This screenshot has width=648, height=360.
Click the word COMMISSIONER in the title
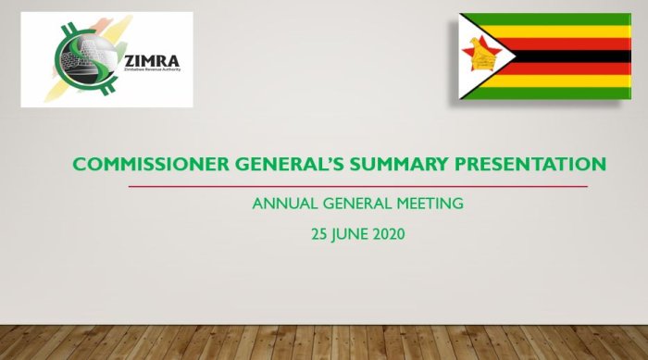click(151, 164)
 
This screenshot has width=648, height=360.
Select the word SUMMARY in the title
click(399, 164)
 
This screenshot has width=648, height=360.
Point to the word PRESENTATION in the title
click(530, 164)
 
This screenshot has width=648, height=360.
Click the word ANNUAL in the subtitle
click(285, 204)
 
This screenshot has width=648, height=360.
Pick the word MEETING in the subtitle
click(430, 204)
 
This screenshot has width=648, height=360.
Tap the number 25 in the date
click(319, 234)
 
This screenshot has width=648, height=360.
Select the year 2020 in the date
click(389, 234)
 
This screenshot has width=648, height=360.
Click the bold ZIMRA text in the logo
click(152, 62)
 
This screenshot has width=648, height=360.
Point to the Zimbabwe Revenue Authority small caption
click(153, 69)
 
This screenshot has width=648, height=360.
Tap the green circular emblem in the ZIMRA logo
click(86, 58)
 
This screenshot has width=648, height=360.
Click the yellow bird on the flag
click(482, 54)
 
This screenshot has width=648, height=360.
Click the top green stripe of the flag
click(550, 19)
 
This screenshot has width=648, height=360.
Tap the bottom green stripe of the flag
click(550, 93)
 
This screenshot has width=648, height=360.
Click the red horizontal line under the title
click(358, 186)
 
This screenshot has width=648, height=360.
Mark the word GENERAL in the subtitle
click(357, 204)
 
